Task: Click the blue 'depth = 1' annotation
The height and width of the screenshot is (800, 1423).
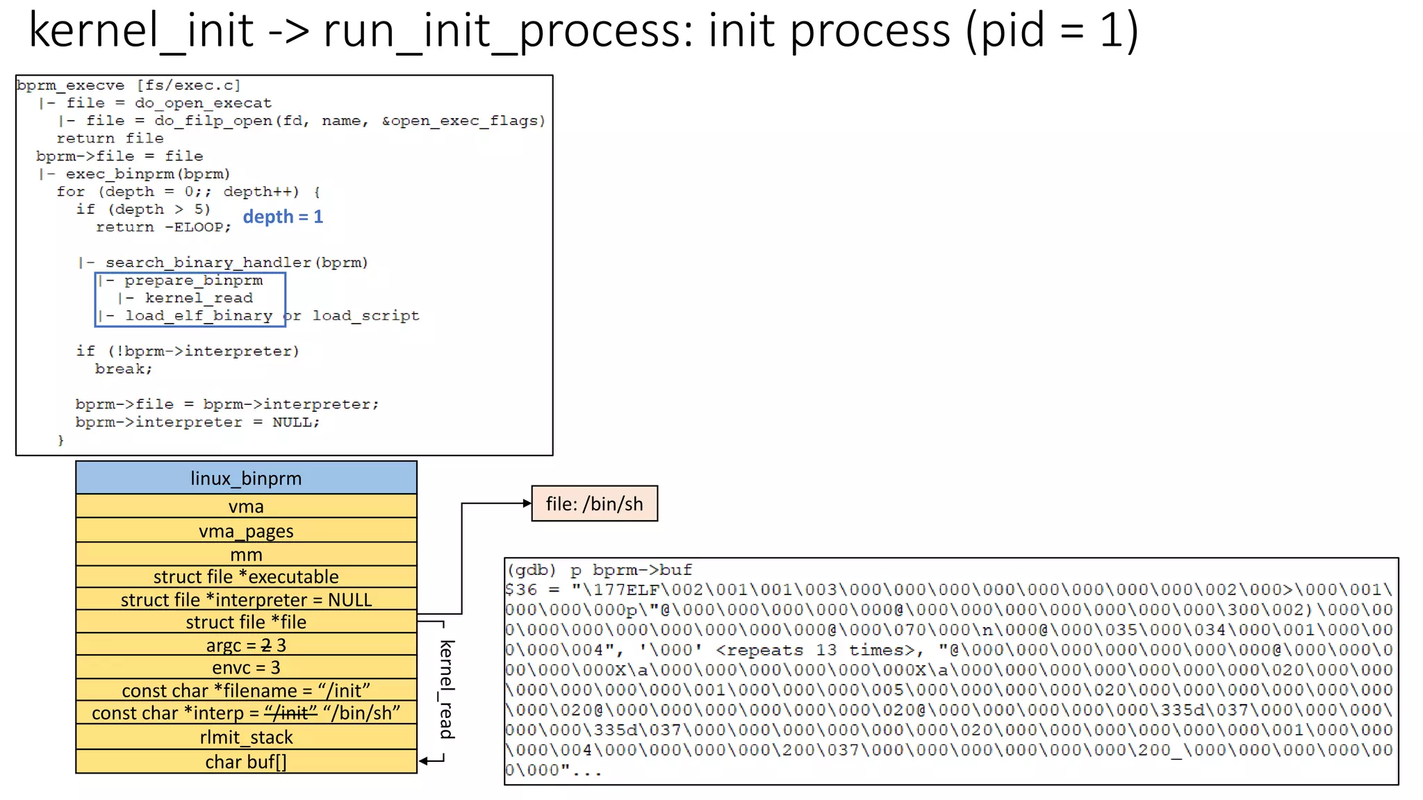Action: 283,217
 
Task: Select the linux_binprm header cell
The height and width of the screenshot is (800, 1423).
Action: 246,478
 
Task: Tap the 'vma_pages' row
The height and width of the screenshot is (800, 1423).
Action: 246,531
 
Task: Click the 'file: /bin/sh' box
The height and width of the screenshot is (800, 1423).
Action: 594,504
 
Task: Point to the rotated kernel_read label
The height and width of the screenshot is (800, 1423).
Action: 447,689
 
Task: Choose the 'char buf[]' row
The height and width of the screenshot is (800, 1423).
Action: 246,762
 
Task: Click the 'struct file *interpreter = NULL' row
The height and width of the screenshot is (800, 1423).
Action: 246,599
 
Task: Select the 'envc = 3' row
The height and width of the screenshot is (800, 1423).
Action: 246,667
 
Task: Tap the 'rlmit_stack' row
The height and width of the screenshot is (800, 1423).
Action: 246,737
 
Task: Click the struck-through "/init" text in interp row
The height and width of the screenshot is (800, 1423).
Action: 290,713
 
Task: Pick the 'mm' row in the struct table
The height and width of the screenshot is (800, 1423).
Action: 246,554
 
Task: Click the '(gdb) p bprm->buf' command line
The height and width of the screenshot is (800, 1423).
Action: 599,570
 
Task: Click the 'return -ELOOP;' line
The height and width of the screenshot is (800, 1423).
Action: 163,227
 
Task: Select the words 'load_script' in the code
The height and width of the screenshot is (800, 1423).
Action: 365,316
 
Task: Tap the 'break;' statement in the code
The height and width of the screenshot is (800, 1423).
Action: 124,369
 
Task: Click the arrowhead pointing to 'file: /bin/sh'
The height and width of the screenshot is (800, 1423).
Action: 527,503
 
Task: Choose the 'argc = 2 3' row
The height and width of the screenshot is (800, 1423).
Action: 246,645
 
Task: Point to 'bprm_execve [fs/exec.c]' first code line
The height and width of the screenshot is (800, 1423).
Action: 129,85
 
